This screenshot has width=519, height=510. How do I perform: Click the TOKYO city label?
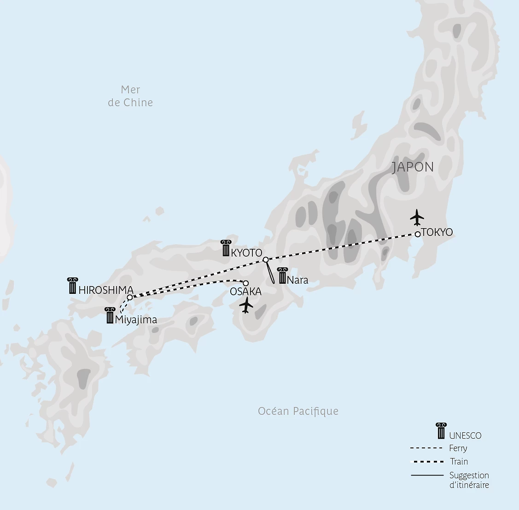(x=437, y=232)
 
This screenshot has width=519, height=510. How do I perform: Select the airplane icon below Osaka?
(x=247, y=305)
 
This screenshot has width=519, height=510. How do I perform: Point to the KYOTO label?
(x=247, y=253)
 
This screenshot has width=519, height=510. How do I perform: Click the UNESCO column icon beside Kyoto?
(x=225, y=248)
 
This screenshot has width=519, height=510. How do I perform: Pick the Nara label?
(x=297, y=280)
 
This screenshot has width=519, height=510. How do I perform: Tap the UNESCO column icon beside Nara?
(x=282, y=275)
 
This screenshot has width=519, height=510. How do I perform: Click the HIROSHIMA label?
(x=106, y=290)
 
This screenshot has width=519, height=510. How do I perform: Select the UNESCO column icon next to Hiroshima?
(x=72, y=286)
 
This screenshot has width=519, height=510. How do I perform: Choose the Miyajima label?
(x=136, y=320)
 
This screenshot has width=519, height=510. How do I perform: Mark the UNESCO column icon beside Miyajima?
(x=110, y=315)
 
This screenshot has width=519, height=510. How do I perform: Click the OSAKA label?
(x=245, y=292)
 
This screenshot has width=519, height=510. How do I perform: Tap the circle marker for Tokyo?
(x=417, y=234)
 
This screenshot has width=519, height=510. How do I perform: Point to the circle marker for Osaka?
(x=245, y=283)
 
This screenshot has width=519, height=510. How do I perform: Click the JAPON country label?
(x=413, y=167)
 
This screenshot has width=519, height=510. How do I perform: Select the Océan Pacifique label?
(x=298, y=411)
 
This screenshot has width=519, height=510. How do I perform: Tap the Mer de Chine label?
(x=130, y=96)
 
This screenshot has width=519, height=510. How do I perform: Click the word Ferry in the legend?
(x=458, y=448)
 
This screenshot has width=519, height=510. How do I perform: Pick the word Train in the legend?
(x=459, y=462)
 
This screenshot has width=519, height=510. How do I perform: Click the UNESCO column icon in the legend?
(x=441, y=430)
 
